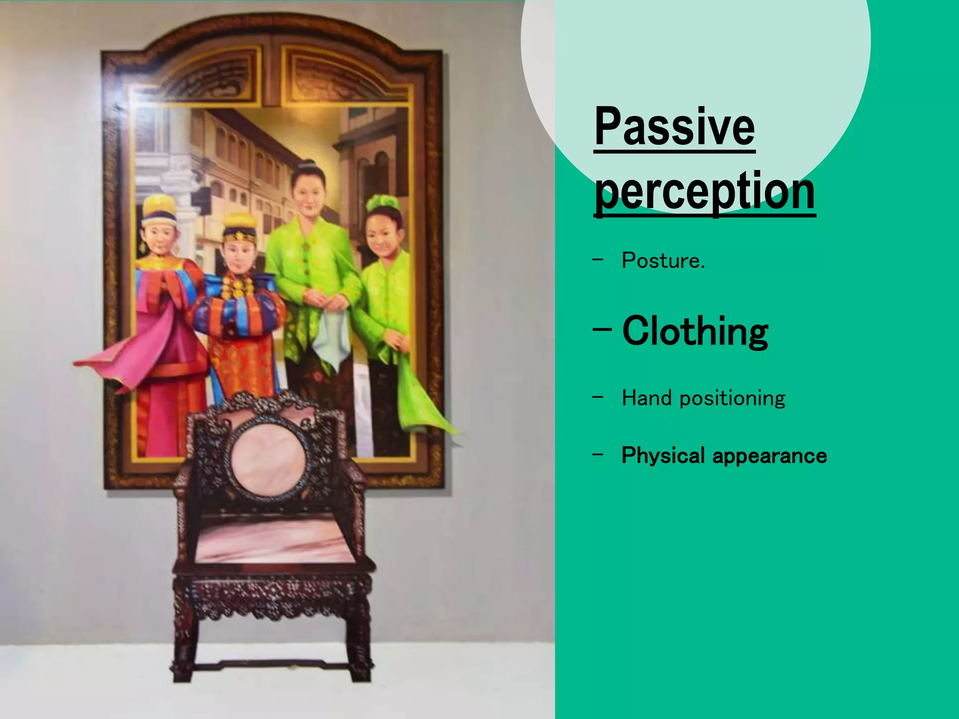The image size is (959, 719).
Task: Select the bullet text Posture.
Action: coord(663,261)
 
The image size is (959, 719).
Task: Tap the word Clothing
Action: coord(695,331)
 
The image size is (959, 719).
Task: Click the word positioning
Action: coord(732,399)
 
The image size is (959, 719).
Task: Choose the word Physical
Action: coord(663,455)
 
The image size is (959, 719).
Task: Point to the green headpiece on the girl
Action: coord(383,203)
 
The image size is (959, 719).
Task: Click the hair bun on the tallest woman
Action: coord(307,165)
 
